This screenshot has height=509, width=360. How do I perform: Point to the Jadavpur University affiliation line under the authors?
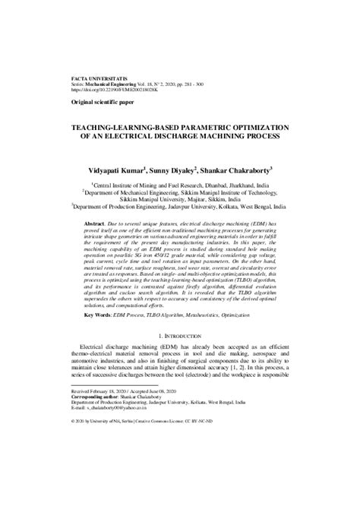[180, 208]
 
